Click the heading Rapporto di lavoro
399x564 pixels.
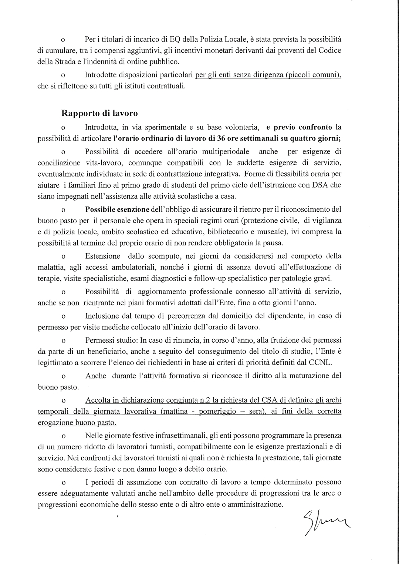(99, 113)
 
